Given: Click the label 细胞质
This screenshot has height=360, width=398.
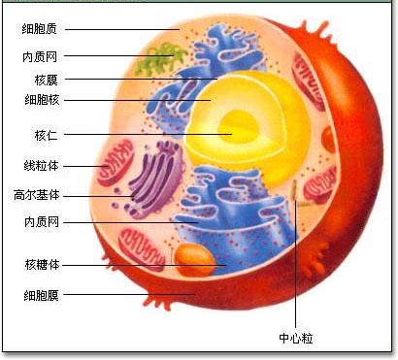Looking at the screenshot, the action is coord(40,29).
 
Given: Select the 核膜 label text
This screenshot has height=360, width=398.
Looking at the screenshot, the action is coord(46,79).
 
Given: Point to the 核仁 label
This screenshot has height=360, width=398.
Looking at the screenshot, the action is coord(46,134).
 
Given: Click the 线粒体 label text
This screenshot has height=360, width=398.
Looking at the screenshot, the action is coord(40,166).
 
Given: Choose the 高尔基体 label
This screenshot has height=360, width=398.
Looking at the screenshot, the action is coord(38,194).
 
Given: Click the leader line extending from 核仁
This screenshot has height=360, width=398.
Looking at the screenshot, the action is coord(146,134).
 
